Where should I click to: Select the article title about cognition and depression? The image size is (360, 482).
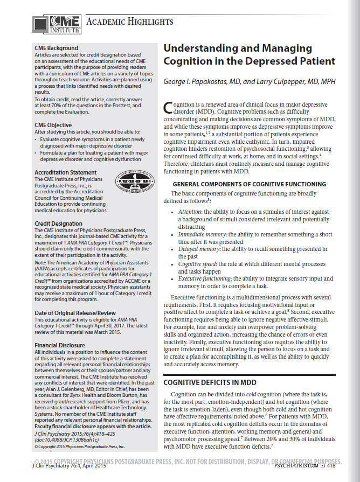[x=249, y=54]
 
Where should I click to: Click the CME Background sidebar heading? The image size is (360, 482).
[x=56, y=48]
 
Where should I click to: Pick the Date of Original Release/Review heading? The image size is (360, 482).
[x=75, y=313]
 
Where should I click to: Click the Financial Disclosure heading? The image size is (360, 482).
[x=60, y=345]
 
